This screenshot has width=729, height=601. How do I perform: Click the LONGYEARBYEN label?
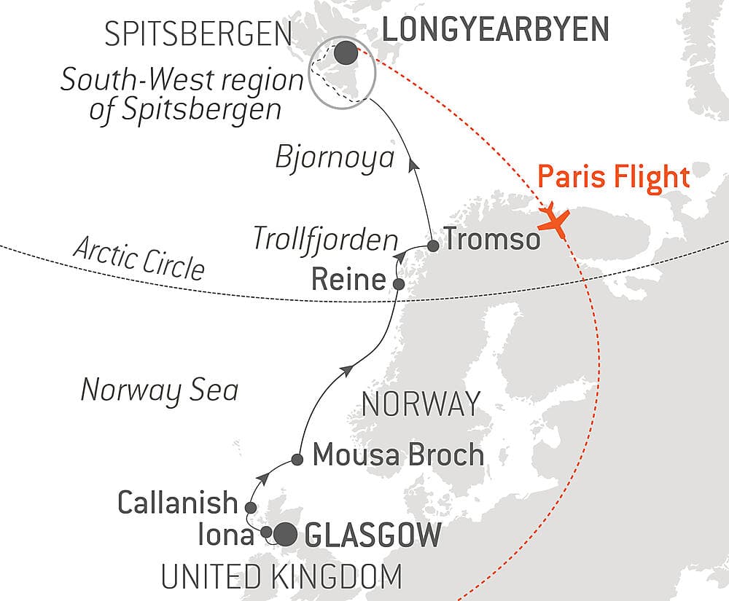tap(496, 30)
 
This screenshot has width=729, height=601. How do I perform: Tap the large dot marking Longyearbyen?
tap(346, 52)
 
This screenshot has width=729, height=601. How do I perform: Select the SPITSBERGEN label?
tap(198, 34)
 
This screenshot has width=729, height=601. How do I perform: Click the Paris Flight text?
tap(613, 177)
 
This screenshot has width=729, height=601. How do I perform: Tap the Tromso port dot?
tap(433, 245)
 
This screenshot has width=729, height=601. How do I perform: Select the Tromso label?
tap(491, 239)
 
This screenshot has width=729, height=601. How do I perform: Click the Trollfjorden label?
tap(325, 238)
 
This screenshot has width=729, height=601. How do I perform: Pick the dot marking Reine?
tap(399, 283)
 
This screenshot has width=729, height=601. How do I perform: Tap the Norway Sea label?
tap(159, 390)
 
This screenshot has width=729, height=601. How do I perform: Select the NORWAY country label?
tap(421, 403)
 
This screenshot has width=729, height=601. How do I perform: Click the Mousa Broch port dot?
tap(297, 459)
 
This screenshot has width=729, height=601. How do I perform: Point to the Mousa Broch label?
tap(398, 455)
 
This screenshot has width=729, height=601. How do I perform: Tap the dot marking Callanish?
tap(250, 507)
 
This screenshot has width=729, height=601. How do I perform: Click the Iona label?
tap(226, 535)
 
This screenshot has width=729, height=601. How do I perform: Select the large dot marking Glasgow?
tap(284, 534)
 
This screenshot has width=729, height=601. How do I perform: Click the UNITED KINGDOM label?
tap(281, 576)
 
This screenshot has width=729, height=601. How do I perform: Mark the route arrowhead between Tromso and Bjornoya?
tap(413, 166)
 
